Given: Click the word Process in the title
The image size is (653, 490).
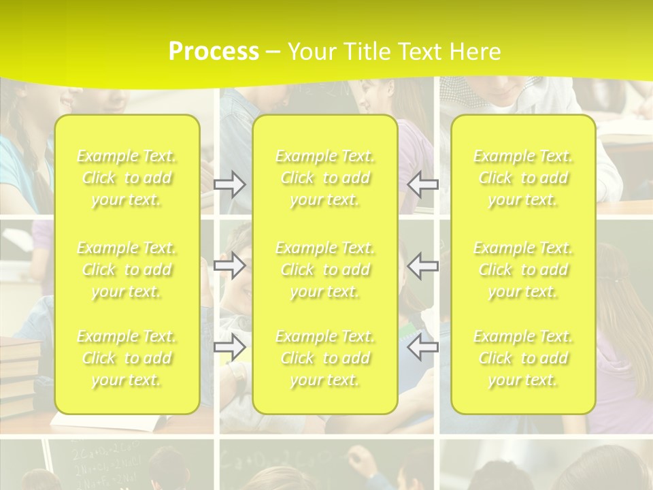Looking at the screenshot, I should tap(214, 52).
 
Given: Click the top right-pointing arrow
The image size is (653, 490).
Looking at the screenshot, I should tap(230, 184).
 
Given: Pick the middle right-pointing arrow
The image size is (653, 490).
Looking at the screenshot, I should tap(230, 265).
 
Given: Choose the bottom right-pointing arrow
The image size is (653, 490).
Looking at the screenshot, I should tap(230, 348).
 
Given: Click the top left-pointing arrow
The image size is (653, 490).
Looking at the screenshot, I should tap(423, 184).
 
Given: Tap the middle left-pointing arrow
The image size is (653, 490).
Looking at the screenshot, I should tap(423, 265).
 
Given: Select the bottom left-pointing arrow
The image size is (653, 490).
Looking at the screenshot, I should tap(423, 348).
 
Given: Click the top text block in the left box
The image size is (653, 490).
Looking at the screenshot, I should tap(127, 178).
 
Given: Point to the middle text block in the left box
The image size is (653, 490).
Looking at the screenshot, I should tap(127, 269).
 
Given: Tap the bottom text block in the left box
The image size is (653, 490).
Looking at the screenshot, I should tap(127, 358).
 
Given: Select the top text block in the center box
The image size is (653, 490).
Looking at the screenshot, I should tap(325, 178).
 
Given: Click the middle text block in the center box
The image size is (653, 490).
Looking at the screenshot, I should tap(325, 269).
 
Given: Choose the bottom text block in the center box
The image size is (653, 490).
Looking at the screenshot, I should tap(325, 358).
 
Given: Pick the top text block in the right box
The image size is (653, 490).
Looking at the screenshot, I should tap(523, 178).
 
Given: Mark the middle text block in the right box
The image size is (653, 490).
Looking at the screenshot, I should tap(523, 269).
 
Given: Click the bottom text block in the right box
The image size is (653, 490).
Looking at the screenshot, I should tap(523, 358).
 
